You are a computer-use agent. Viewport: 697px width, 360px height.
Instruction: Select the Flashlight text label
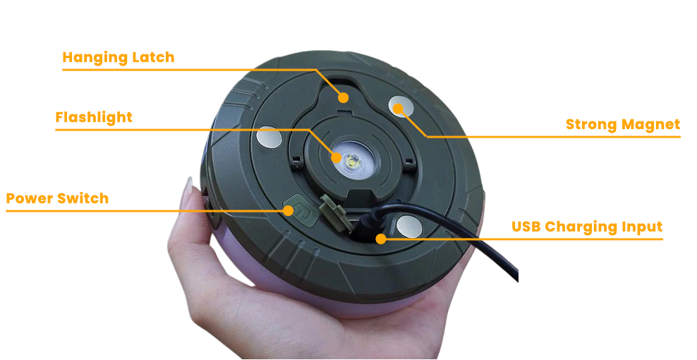tap(94, 117)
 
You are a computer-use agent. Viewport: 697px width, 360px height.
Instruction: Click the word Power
tap(30, 198)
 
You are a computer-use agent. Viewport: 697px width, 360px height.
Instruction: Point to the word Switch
tap(85, 198)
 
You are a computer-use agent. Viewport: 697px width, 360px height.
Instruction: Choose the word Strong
tap(591, 125)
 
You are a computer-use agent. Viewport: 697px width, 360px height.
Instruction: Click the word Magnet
tap(651, 125)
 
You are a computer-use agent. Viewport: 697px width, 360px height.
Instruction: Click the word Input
tap(642, 227)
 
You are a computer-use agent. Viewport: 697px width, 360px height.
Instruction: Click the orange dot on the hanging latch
tap(343, 97)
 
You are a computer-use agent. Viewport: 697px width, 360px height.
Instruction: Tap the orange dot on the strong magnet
tap(399, 108)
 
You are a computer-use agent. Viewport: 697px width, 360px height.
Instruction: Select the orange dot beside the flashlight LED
tap(336, 157)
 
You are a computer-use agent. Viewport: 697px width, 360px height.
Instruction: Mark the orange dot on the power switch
tap(289, 210)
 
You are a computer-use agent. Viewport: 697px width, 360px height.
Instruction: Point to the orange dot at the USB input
tap(380, 239)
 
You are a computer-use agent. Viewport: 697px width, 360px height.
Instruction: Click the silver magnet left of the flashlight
tap(269, 137)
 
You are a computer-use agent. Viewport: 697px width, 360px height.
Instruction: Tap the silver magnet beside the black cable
tap(409, 226)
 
